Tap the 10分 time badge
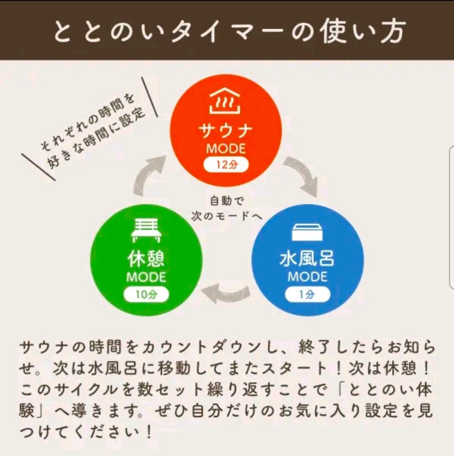146,295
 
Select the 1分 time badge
308,295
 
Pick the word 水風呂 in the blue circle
307,259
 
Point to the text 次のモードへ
226,215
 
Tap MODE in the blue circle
308,277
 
